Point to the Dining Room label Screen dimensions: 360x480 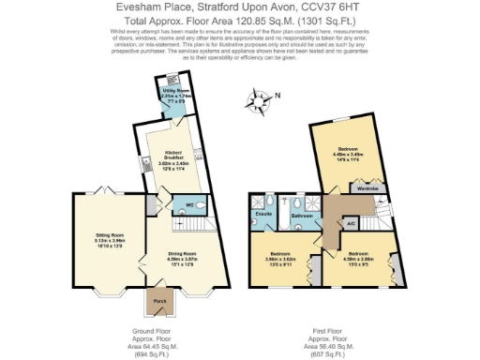(184, 253)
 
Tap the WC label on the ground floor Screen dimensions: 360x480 (188, 202)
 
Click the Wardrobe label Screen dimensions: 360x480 (367, 188)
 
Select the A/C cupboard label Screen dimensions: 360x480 (351, 223)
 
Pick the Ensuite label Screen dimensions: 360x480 (263, 214)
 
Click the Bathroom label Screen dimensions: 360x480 (301, 216)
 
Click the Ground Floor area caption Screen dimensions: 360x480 (156, 343)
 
